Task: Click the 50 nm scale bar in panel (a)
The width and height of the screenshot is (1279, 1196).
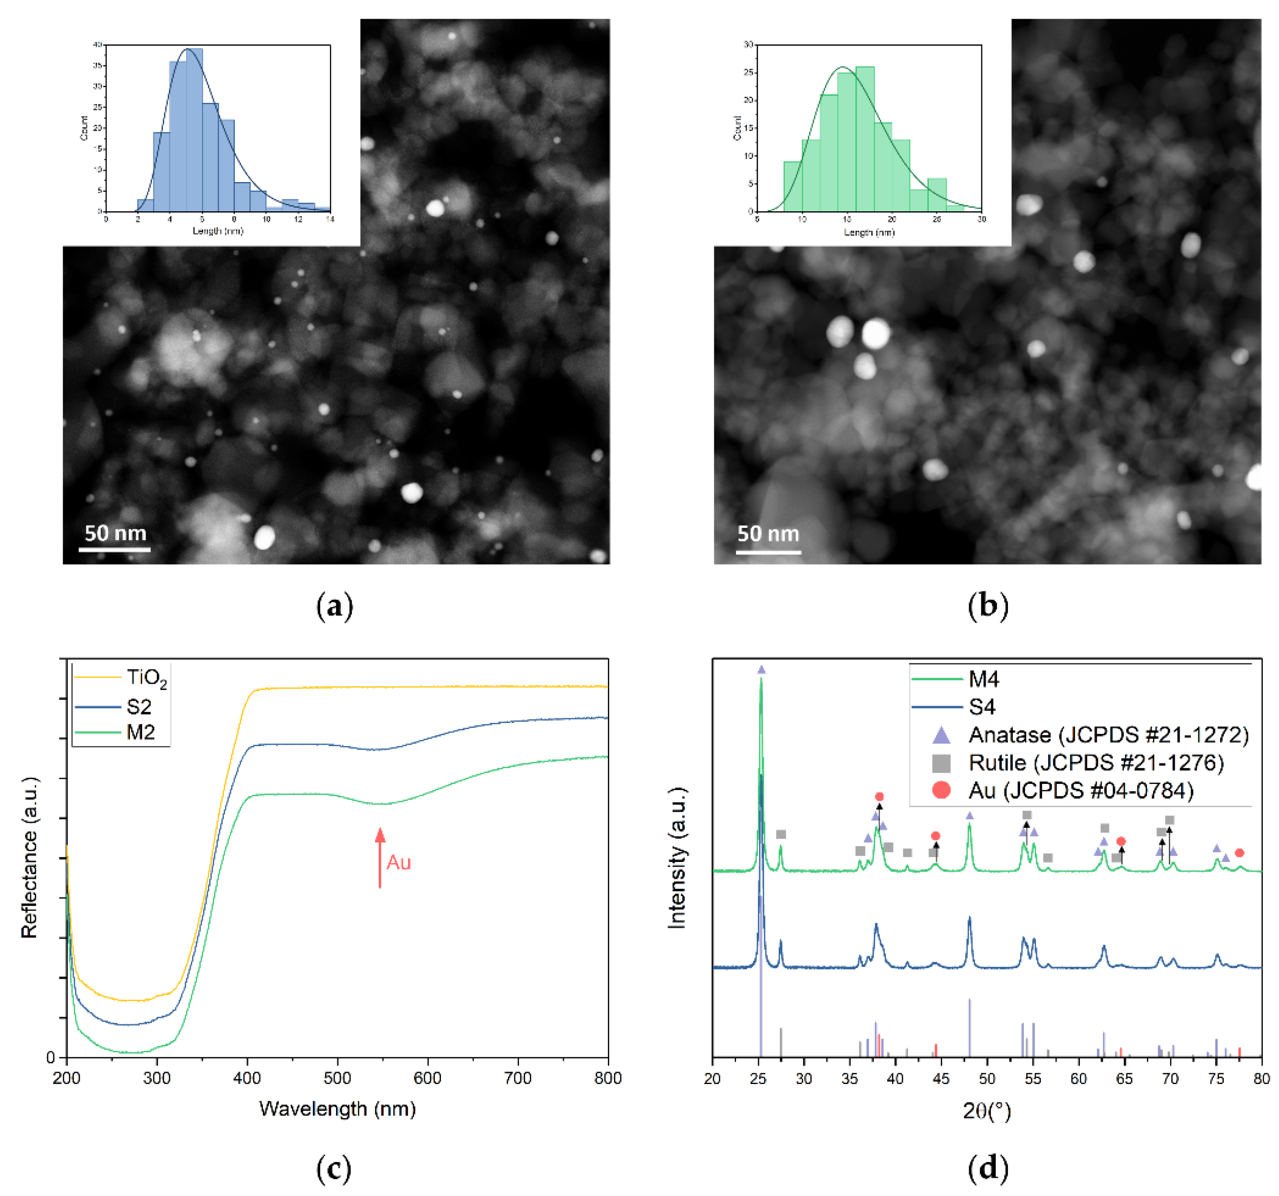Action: pos(115,550)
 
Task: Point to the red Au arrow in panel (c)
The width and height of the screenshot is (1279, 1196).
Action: pos(380,857)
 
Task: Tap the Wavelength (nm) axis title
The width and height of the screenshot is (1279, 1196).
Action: pos(337,1108)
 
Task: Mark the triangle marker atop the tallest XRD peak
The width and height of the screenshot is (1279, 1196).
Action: pos(762,670)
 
